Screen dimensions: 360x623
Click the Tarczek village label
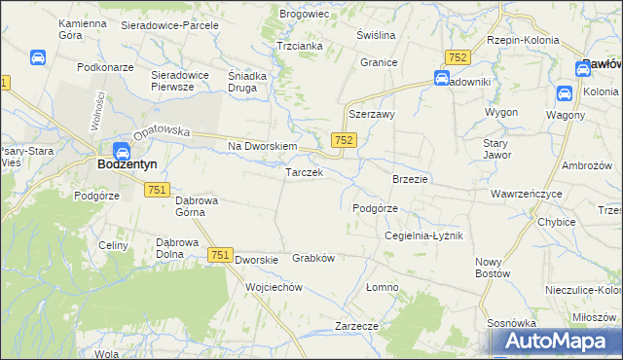pyautogui.click(x=303, y=173)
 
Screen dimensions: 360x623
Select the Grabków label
pyautogui.click(x=313, y=259)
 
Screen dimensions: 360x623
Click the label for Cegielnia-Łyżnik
pyautogui.click(x=423, y=236)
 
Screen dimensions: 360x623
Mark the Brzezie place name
pyautogui.click(x=410, y=180)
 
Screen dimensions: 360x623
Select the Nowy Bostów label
pyautogui.click(x=494, y=268)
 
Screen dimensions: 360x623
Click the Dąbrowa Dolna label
pyautogui.click(x=177, y=249)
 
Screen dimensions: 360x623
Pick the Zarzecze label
pyautogui.click(x=355, y=326)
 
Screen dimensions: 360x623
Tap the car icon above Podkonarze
pyautogui.click(x=37, y=58)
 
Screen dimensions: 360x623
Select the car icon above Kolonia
pyautogui.click(x=564, y=93)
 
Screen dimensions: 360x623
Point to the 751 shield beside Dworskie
pyautogui.click(x=219, y=255)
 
